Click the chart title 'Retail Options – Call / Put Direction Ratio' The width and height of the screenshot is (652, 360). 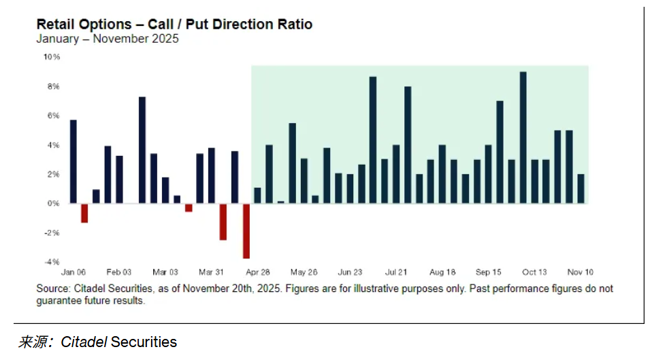[x=174, y=24]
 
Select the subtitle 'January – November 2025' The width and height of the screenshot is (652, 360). [x=108, y=39]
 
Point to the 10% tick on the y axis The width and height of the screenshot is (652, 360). [x=52, y=57]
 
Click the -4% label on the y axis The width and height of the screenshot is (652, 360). [x=52, y=262]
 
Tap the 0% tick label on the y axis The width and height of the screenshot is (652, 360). [x=53, y=203]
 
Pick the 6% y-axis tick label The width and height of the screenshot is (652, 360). [x=53, y=116]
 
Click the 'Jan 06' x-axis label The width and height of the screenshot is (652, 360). [x=74, y=272]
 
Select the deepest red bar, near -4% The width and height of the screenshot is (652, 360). [x=246, y=231]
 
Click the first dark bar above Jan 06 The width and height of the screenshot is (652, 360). [x=74, y=161]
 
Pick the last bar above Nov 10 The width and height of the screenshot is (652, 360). [x=580, y=189]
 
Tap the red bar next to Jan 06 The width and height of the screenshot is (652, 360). [x=84, y=213]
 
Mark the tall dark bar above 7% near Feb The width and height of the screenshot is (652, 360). [x=142, y=150]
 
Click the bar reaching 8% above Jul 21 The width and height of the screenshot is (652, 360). [x=408, y=145]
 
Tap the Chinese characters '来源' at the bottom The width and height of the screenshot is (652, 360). [x=33, y=342]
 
